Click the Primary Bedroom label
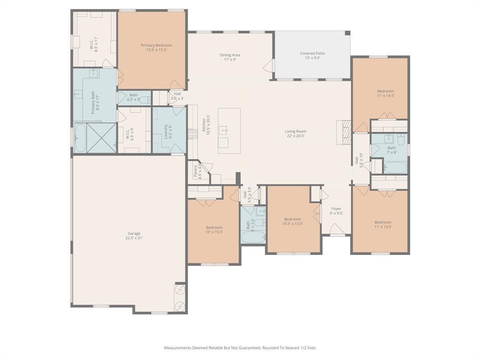tap(156, 45)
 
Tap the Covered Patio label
tap(312, 53)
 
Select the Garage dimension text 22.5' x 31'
tap(134, 238)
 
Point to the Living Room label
tap(295, 132)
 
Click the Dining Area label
tap(230, 55)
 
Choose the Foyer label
tap(336, 209)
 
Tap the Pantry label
tap(195, 171)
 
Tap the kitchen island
tap(229, 130)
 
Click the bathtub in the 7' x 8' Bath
tap(395, 167)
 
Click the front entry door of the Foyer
tap(336, 230)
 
